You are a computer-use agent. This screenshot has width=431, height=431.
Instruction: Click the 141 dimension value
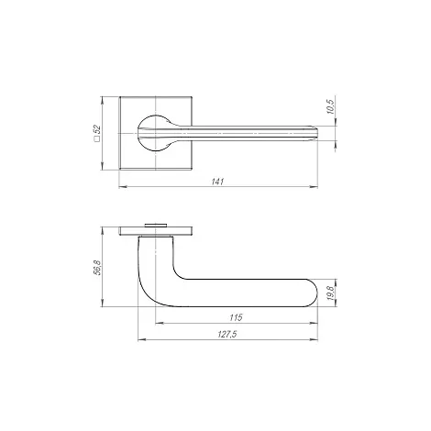pyautogui.click(x=218, y=182)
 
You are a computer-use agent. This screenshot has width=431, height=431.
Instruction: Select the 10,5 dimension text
pyautogui.click(x=331, y=106)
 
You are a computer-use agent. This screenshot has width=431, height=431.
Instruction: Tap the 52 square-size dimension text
pyautogui.click(x=97, y=129)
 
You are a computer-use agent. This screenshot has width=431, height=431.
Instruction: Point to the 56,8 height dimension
pyautogui.click(x=97, y=267)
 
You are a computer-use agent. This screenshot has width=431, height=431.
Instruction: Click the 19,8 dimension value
pyautogui.click(x=331, y=293)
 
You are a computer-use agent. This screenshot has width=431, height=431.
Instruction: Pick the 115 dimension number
pyautogui.click(x=236, y=317)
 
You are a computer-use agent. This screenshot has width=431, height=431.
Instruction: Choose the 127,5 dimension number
pyautogui.click(x=227, y=335)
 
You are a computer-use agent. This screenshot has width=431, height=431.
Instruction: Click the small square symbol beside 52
pyautogui.click(x=97, y=139)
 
